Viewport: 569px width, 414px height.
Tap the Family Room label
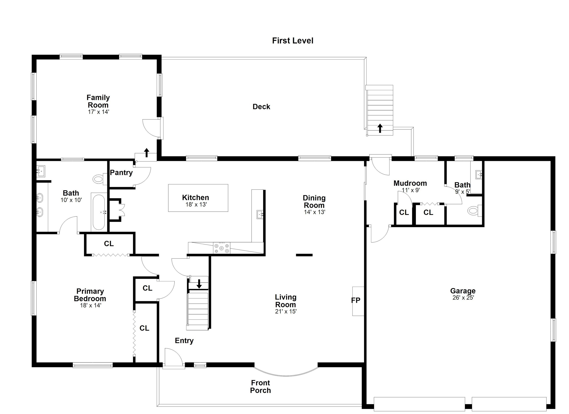pos(98,101)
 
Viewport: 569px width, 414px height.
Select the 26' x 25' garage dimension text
pos(463,298)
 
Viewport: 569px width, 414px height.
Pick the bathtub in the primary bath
pos(98,212)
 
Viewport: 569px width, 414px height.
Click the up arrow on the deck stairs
pos(380,128)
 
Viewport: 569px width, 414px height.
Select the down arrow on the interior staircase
pos(199,284)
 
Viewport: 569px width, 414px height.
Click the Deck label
pos(261,107)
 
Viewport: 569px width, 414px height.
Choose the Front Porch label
pos(260,387)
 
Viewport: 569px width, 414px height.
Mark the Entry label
pos(184,341)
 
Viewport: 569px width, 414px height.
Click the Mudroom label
pos(410,183)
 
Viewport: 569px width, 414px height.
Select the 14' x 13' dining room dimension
pos(315,212)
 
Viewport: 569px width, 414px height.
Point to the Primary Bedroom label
pos(90,295)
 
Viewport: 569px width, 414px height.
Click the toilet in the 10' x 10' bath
pos(98,179)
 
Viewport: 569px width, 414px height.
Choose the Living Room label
pos(286,301)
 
